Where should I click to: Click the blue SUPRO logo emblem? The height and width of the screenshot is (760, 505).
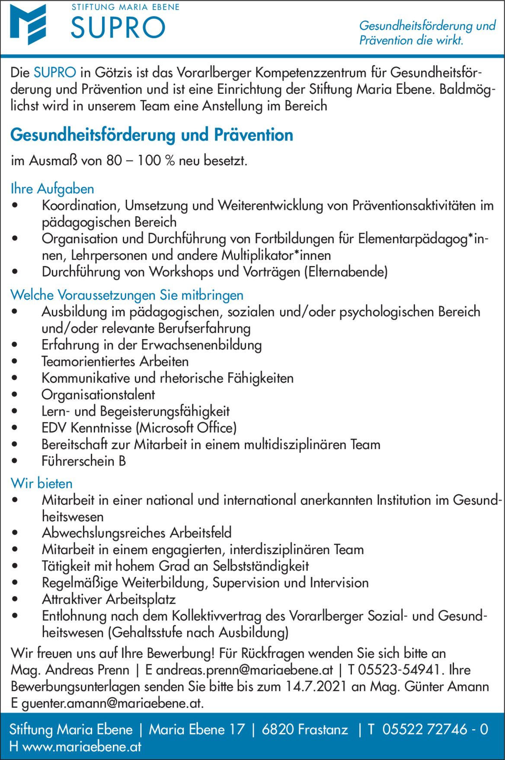point(28,24)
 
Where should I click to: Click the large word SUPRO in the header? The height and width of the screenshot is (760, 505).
point(118,28)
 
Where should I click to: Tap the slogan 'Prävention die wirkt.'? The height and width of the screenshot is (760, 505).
point(411,41)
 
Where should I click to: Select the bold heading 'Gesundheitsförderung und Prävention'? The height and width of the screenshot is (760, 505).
point(152,135)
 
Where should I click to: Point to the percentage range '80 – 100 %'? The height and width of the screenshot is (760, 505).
point(141,161)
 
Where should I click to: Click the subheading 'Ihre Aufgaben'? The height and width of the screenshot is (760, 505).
point(52,189)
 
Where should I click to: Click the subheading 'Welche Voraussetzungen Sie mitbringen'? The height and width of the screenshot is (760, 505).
point(127,295)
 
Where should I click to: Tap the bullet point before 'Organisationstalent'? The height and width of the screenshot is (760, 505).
point(15,394)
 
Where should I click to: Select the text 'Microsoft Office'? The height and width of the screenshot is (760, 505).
point(186,428)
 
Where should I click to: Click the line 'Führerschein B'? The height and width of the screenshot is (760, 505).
point(83,461)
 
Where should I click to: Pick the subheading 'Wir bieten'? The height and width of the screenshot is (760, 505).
point(42,483)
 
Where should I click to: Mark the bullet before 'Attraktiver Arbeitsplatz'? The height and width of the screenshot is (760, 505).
point(15,600)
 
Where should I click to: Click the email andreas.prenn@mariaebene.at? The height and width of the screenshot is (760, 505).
point(244,670)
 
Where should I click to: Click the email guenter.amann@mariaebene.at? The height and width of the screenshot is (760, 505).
point(112,703)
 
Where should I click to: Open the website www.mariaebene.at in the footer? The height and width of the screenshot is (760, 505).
point(82,747)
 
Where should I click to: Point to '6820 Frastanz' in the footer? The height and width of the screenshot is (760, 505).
point(305,730)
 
